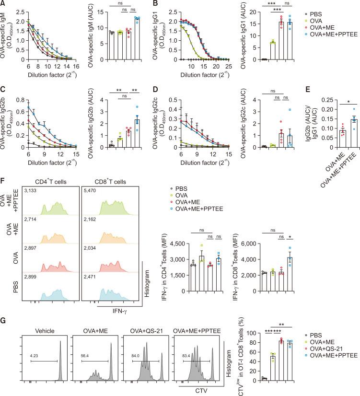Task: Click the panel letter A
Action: (x=3, y=4)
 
